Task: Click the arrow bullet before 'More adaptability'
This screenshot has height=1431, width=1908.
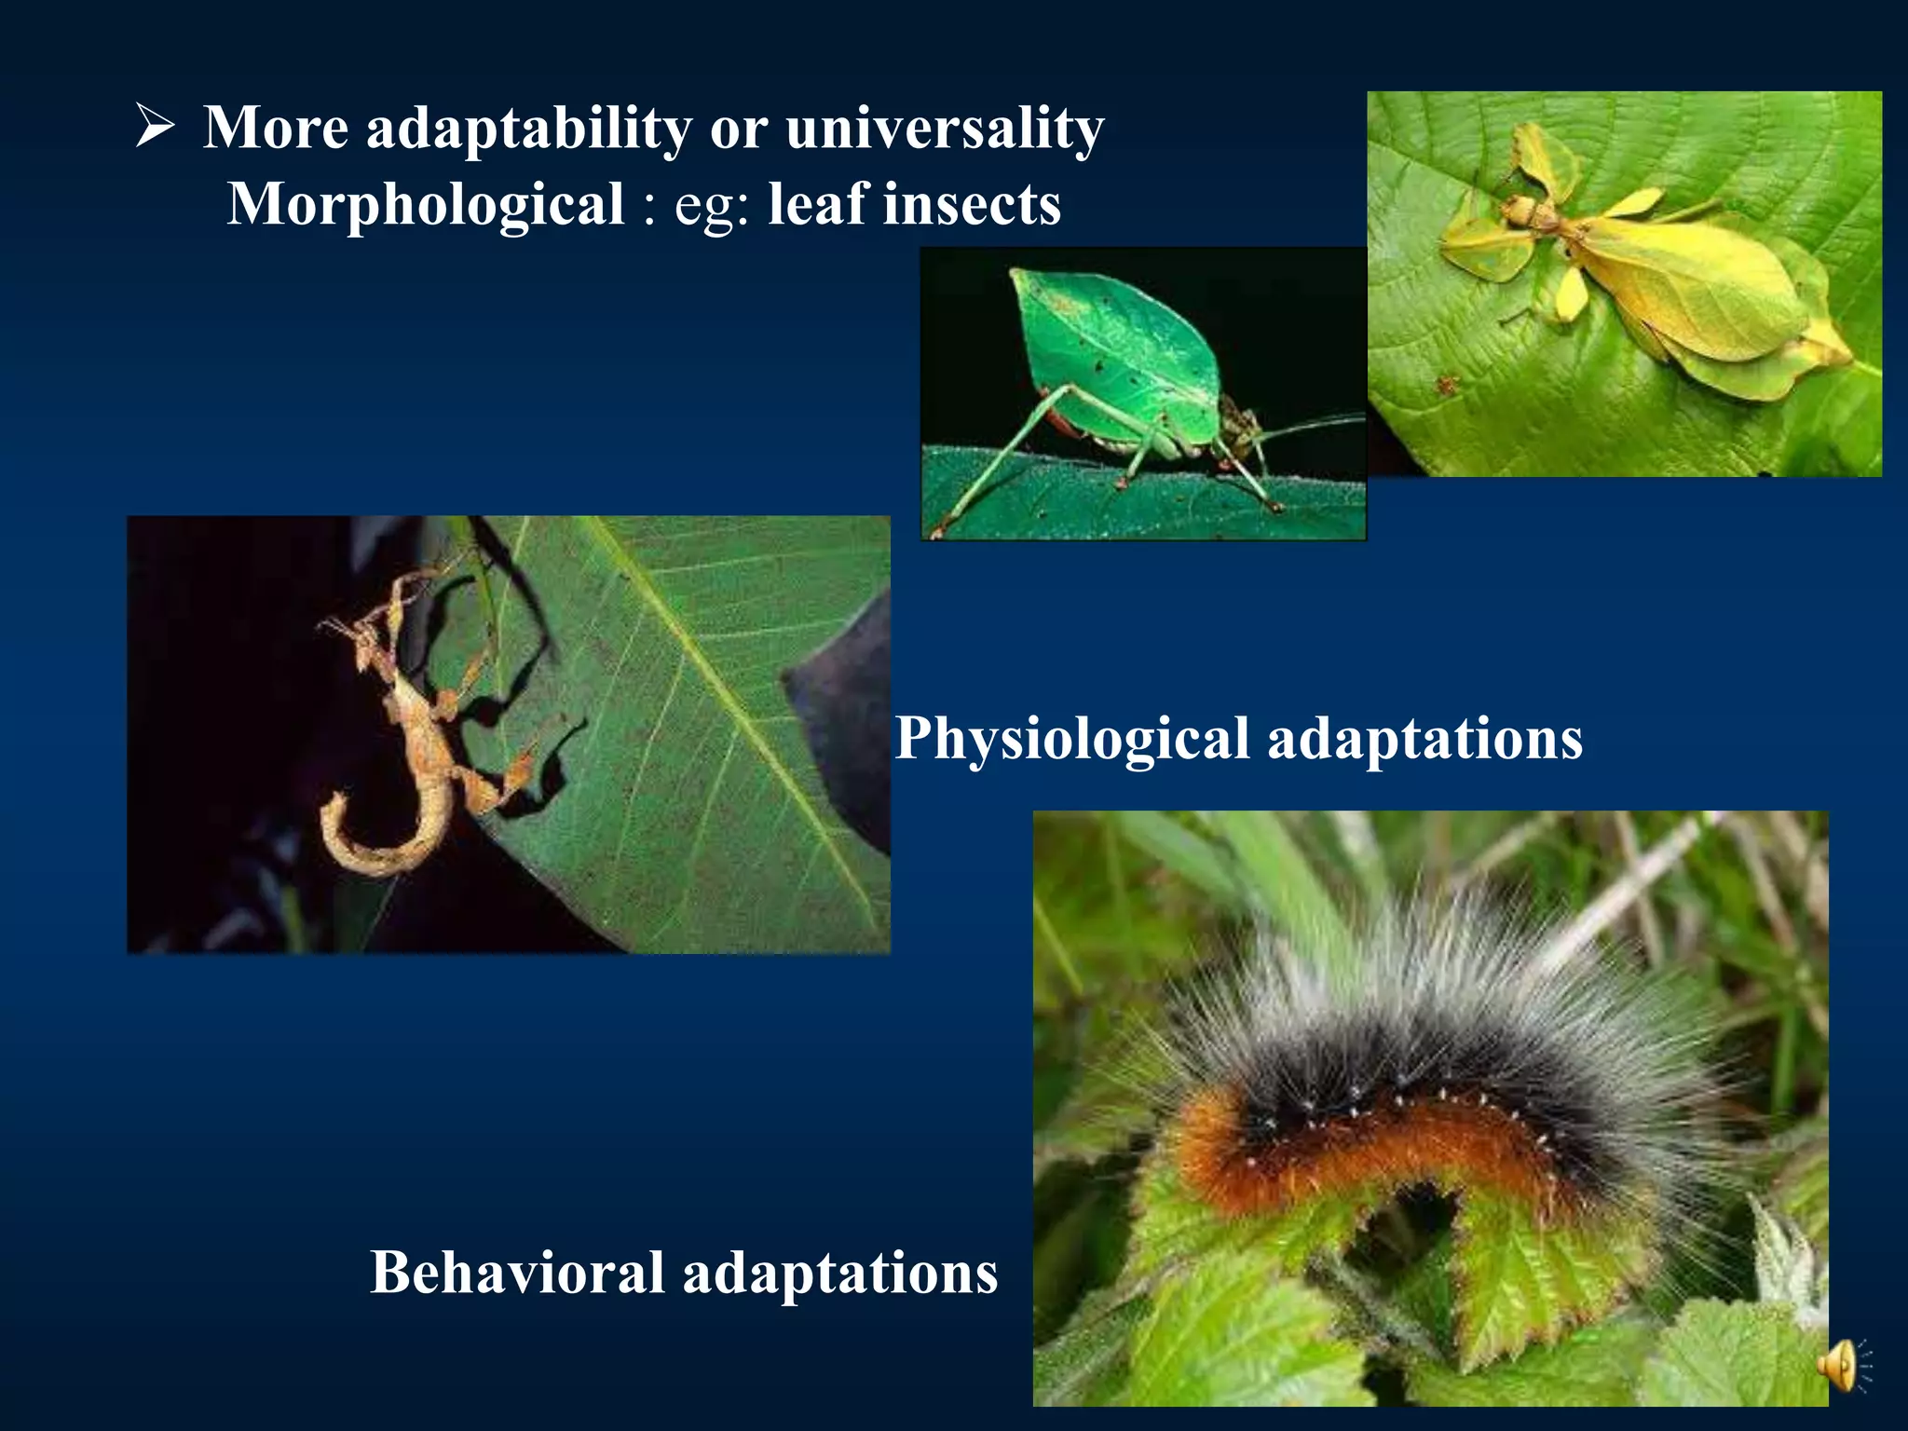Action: pyautogui.click(x=155, y=127)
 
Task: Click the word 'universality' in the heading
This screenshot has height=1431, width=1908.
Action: pyautogui.click(x=944, y=128)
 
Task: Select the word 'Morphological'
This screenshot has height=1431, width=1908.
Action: pyautogui.click(x=426, y=204)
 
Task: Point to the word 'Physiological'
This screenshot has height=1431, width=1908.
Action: pyautogui.click(x=1071, y=739)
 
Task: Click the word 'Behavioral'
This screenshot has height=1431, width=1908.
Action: pyautogui.click(x=518, y=1273)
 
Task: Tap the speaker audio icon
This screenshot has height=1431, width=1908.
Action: pyautogui.click(x=1840, y=1367)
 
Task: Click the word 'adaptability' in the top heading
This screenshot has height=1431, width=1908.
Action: pyautogui.click(x=528, y=128)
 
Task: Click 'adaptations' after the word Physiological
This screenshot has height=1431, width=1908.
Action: pyautogui.click(x=1424, y=739)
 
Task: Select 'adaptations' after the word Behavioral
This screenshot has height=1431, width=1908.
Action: pyautogui.click(x=840, y=1273)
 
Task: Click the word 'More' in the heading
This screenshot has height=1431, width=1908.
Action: pyautogui.click(x=276, y=128)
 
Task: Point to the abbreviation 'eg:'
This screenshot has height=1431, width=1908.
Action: pyautogui.click(x=712, y=206)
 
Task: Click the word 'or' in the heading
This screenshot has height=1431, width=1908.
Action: pyautogui.click(x=737, y=129)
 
